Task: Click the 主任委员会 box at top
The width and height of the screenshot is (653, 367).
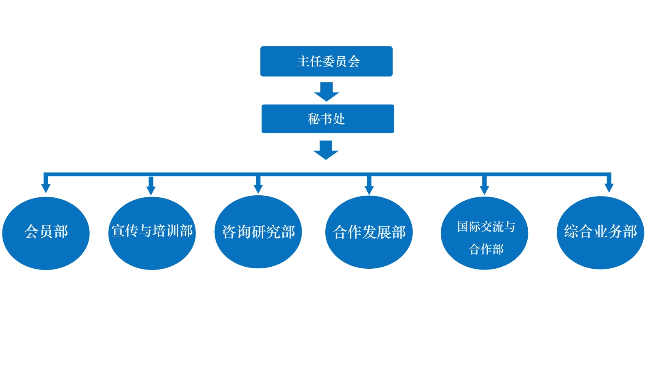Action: click(326, 61)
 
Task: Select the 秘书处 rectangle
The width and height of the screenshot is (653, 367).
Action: click(328, 119)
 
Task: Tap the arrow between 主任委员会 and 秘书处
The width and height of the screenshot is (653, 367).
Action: click(326, 92)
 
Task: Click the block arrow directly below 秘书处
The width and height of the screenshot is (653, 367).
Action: click(326, 150)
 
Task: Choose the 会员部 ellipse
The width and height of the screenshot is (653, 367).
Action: click(46, 233)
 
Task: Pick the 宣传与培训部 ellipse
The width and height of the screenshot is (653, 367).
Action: click(152, 233)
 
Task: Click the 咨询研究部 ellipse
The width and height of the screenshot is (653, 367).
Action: click(258, 232)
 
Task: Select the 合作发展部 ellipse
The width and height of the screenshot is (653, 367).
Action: click(369, 232)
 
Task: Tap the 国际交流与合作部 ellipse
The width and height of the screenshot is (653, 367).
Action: click(484, 233)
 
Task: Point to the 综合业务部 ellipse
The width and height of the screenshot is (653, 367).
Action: click(600, 232)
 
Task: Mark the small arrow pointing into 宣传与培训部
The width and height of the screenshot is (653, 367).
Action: click(151, 186)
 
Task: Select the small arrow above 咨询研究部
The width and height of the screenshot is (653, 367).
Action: click(258, 186)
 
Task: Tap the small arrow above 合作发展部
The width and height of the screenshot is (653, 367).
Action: click(369, 186)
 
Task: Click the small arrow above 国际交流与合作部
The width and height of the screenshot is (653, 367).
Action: click(484, 186)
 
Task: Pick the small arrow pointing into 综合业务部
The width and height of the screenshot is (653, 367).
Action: click(609, 184)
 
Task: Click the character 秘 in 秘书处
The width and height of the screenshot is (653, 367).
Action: click(313, 119)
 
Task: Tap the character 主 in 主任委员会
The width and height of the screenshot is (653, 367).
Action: click(303, 61)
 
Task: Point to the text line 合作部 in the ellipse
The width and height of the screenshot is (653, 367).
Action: click(486, 249)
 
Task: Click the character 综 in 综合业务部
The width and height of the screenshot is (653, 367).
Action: click(571, 232)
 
